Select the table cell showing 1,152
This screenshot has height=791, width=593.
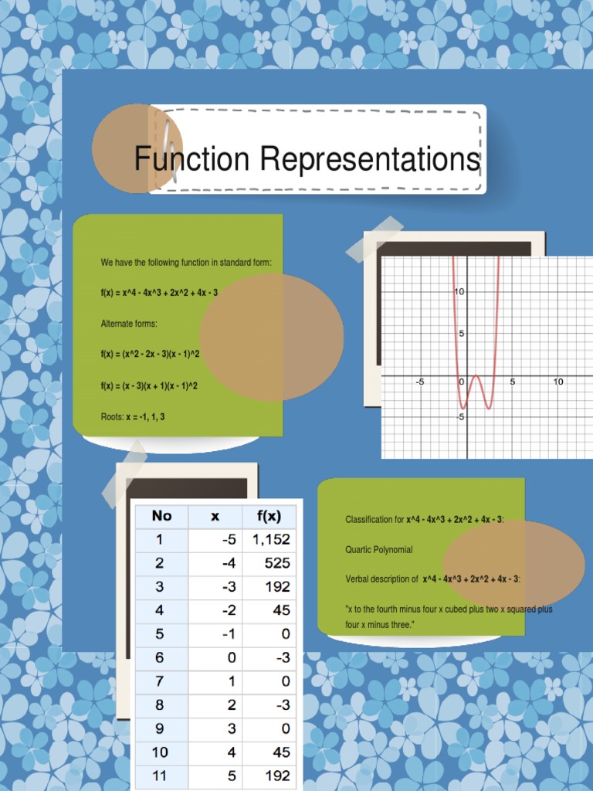(x=270, y=539)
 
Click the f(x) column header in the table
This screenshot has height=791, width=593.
(x=269, y=515)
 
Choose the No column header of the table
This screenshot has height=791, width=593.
(x=161, y=515)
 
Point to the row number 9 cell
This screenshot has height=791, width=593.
(x=160, y=728)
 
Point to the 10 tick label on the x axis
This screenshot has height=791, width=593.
(x=557, y=382)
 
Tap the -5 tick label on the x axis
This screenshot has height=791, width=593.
(x=420, y=382)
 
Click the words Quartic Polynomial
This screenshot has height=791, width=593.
(x=378, y=550)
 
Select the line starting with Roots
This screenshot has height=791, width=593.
(x=132, y=416)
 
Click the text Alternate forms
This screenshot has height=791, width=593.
(x=129, y=324)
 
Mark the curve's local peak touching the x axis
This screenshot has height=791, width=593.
(x=476, y=376)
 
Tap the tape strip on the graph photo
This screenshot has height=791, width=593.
(x=374, y=239)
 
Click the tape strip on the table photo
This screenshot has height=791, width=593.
(x=124, y=474)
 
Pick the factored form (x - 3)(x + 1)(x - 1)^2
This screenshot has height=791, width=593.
(x=149, y=385)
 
